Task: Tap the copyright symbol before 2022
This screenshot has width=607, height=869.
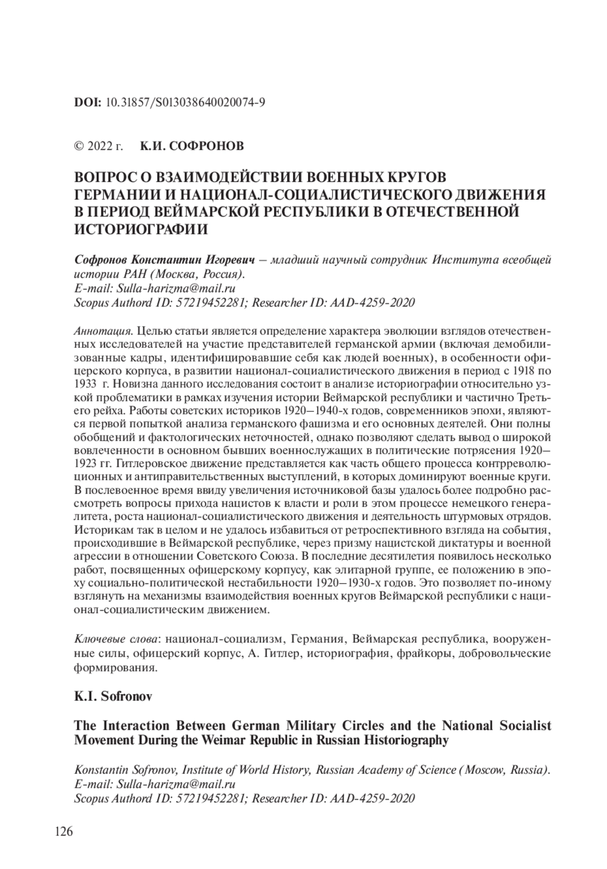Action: tap(79, 147)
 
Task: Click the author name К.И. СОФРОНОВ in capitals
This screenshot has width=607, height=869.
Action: tap(192, 147)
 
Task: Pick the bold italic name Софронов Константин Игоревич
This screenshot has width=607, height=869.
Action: tap(163, 260)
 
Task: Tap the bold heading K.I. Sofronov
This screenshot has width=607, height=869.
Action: tap(113, 696)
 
